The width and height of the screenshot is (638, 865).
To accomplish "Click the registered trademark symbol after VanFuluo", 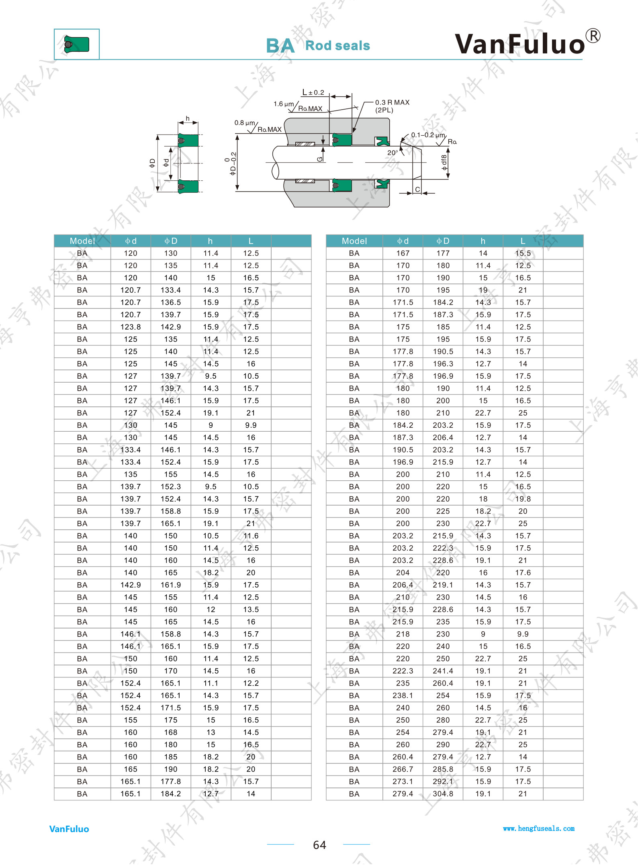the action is (x=593, y=36).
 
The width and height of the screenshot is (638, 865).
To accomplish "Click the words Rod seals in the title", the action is (x=337, y=46).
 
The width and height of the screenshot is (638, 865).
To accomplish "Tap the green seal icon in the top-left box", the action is (x=76, y=44).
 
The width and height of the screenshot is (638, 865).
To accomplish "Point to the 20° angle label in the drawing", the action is (x=392, y=153).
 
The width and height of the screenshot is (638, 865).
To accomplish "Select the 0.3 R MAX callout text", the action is (x=392, y=102).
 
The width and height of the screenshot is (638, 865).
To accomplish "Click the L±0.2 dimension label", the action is (x=313, y=92).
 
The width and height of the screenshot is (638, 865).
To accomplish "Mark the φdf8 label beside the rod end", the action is (x=444, y=163).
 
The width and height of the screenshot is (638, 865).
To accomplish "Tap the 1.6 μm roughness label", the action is (x=284, y=104).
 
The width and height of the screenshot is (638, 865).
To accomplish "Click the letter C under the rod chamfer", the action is (x=417, y=189).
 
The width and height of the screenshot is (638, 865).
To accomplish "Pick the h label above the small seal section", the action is (x=188, y=118).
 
